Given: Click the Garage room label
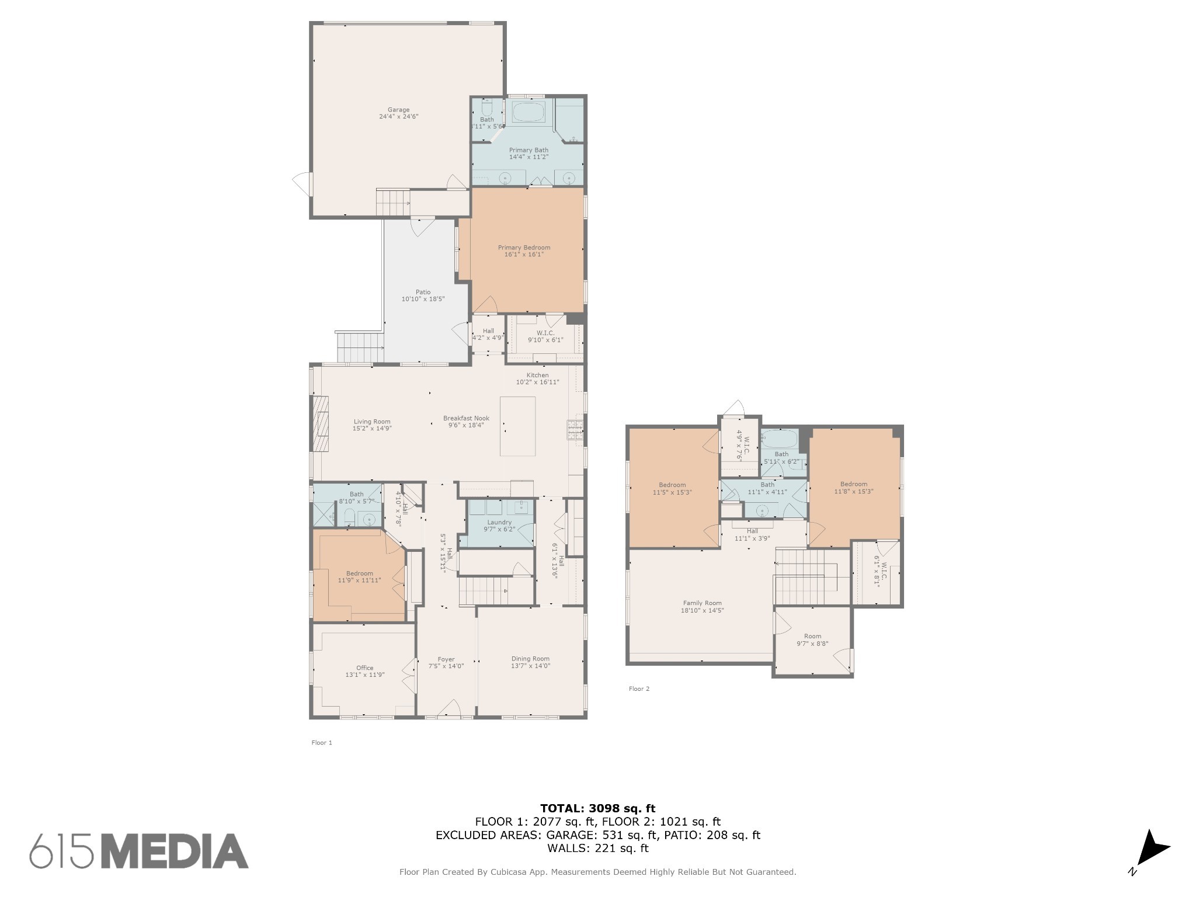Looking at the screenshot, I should (x=399, y=110).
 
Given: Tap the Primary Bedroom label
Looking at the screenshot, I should (x=524, y=248).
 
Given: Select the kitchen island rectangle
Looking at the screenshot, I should (x=517, y=426).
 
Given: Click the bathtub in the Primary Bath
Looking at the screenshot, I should (x=529, y=112).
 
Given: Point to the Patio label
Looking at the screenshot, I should (x=423, y=292).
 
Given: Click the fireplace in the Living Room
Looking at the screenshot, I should (x=319, y=423).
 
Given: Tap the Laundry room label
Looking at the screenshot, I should (x=499, y=522).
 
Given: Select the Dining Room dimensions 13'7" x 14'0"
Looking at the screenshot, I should (x=530, y=666).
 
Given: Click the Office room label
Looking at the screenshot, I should (x=364, y=667).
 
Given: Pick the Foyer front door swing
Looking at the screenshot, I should (x=448, y=708).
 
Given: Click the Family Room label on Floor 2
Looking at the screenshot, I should (x=702, y=603).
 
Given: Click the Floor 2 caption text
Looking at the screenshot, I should (x=639, y=689).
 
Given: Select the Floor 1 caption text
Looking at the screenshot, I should (x=322, y=743).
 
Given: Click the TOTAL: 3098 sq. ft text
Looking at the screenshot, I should (x=597, y=808).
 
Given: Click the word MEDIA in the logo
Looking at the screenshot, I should (x=179, y=851).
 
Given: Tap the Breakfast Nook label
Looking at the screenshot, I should (x=466, y=418).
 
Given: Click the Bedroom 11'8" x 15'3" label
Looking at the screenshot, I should (x=853, y=484).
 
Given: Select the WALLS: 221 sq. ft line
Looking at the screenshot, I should (x=597, y=849).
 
